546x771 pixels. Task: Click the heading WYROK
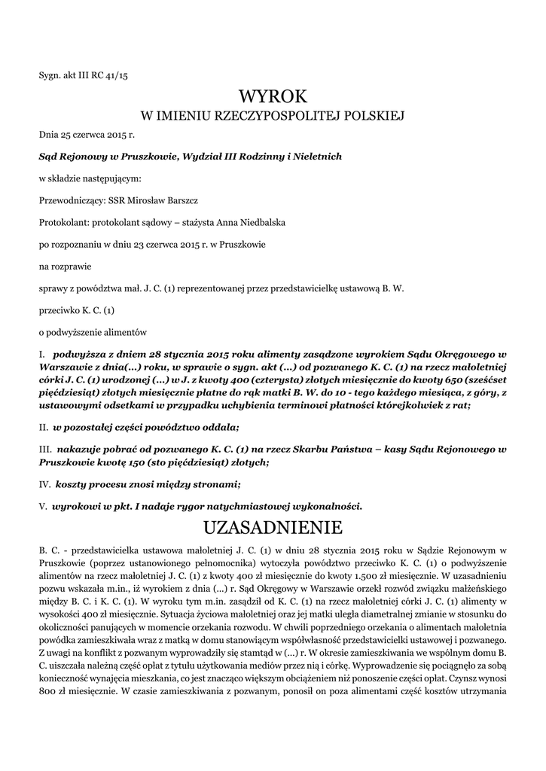[273, 96]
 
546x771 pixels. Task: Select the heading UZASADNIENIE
[273, 525]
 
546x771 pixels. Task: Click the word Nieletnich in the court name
[316, 157]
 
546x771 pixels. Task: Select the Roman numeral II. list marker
[44, 428]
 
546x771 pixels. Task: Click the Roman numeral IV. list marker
[44, 484]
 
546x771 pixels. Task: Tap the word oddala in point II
[221, 428]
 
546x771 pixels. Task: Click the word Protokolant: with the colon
[63, 222]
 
